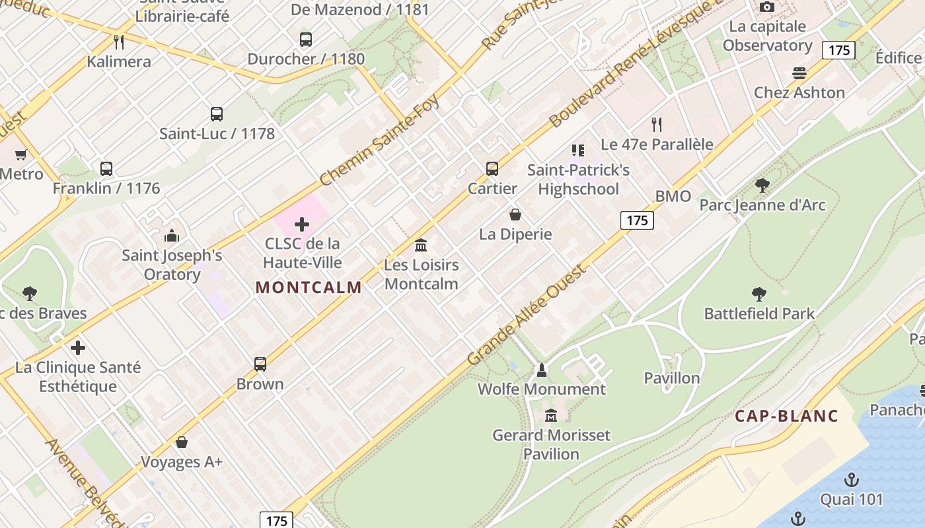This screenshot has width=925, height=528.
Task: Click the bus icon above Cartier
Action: (x=492, y=168)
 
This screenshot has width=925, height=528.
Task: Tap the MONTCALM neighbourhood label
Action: (x=309, y=287)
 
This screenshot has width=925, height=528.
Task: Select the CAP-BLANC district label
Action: (x=786, y=416)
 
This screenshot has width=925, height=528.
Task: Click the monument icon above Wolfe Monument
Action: (x=542, y=370)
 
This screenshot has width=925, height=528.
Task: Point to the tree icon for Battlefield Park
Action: (x=759, y=294)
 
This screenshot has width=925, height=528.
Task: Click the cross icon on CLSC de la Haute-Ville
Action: (x=302, y=224)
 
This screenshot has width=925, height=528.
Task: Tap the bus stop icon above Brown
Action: (x=260, y=364)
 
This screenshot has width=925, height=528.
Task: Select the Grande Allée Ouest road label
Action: (x=527, y=315)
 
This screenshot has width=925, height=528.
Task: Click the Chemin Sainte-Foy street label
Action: (x=379, y=141)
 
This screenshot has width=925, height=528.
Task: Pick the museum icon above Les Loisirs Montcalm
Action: (x=421, y=246)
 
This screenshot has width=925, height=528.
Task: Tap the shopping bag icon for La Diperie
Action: (x=515, y=214)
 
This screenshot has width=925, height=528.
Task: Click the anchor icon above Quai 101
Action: (x=852, y=480)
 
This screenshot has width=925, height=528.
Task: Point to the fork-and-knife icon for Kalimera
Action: (x=119, y=42)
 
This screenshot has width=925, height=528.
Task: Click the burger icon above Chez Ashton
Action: (x=799, y=73)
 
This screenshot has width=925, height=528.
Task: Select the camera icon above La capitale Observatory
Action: (x=766, y=7)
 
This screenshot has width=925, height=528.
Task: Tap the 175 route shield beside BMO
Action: (x=637, y=220)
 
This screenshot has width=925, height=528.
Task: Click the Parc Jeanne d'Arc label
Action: (x=762, y=205)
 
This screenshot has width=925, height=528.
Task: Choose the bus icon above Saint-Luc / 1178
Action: (x=217, y=114)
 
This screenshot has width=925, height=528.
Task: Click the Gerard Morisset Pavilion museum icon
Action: (x=551, y=416)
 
